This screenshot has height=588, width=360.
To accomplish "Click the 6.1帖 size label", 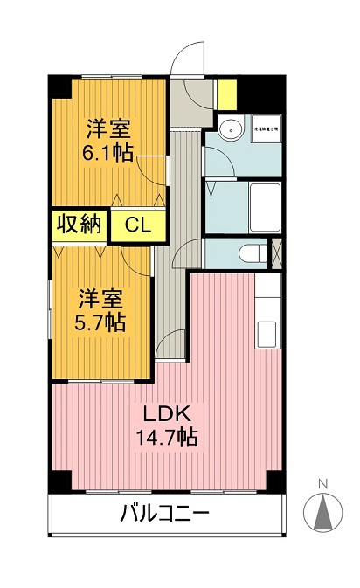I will (107, 151).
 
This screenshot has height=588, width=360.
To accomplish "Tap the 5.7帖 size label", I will (100, 321).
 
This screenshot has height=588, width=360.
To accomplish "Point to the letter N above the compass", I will (322, 483).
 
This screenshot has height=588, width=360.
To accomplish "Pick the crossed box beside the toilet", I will (277, 251).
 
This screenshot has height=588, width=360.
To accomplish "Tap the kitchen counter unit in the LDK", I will (267, 315).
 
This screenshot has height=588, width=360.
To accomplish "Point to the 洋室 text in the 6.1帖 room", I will (107, 128).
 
